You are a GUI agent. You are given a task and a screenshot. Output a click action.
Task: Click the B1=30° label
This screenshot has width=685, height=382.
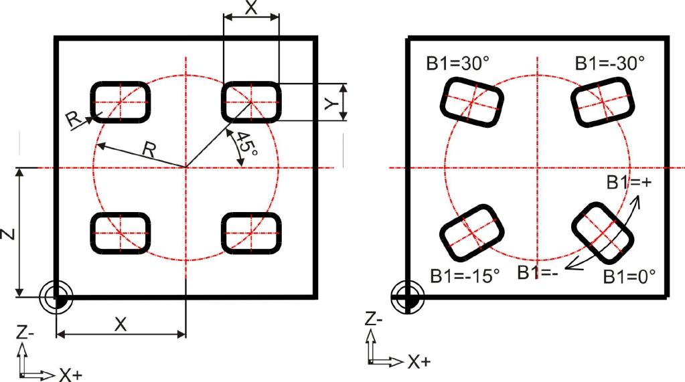click(458, 64)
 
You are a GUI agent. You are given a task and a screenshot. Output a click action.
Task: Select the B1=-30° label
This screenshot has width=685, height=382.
click(610, 64)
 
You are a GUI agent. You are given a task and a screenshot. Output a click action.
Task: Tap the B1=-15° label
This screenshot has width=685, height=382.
click(465, 276)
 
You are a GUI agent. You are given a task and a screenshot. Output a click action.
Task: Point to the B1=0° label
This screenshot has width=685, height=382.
click(629, 276)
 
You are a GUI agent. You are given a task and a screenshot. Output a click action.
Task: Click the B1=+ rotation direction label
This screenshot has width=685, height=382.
click(629, 182)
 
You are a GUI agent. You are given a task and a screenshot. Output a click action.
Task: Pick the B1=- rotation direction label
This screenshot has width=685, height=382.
click(538, 272)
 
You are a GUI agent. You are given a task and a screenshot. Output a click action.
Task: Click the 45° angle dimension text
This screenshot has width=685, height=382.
click(246, 144)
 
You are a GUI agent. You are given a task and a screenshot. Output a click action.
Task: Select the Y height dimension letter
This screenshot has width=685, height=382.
click(332, 104)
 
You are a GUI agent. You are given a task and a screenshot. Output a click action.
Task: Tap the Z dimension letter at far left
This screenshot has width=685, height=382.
click(8, 234)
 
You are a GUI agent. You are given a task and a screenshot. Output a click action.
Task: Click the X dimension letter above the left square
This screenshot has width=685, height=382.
click(250, 7)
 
